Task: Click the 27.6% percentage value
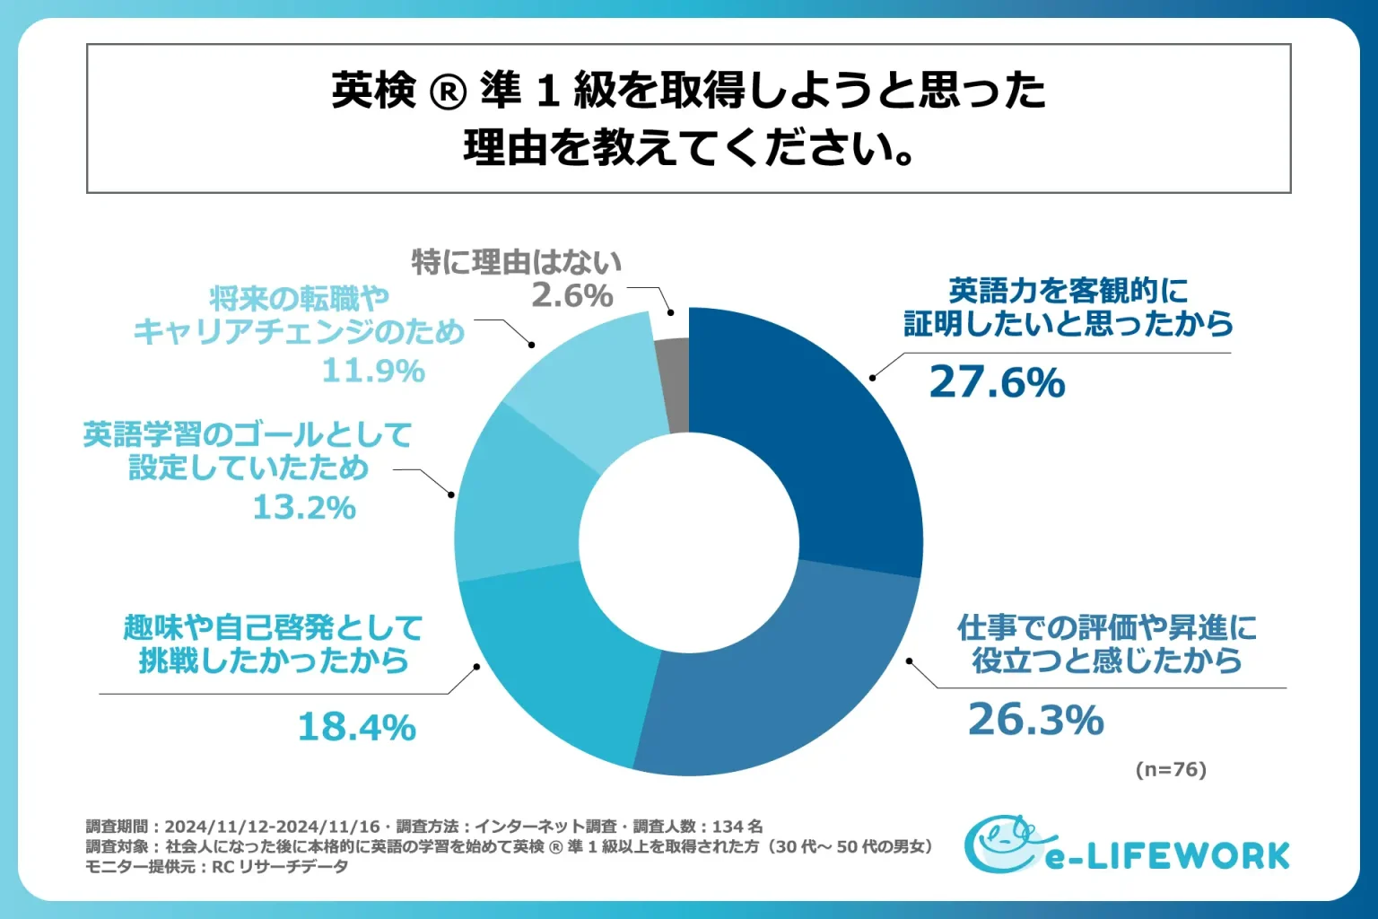click(x=997, y=382)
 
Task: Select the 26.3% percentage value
click(x=1035, y=720)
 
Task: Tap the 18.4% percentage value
click(x=356, y=727)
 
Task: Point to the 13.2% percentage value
click(x=304, y=508)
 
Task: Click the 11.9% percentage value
click(x=373, y=371)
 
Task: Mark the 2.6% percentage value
click(x=572, y=295)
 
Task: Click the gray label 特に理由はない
click(x=516, y=262)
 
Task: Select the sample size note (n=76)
click(x=1171, y=769)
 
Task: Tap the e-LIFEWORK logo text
click(x=1166, y=856)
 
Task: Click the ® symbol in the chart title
click(x=449, y=92)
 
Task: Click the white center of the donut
click(x=689, y=542)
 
